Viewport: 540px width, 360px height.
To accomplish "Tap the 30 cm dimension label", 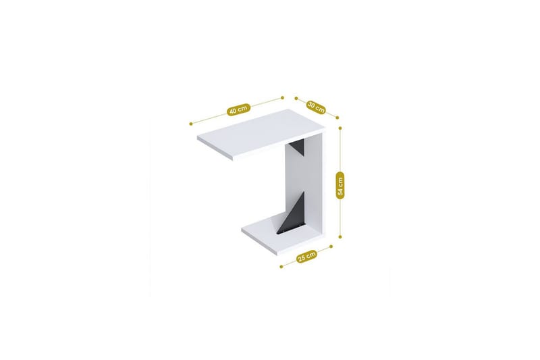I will [x=316, y=106].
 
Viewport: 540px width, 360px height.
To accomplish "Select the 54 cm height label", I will [x=341, y=184].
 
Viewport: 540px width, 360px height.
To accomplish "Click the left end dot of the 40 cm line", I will [x=192, y=124].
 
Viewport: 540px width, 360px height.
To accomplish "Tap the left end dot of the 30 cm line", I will [x=296, y=97].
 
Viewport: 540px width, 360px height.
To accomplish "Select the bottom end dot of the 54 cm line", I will [x=341, y=238].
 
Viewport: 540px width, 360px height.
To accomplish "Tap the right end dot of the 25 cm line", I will [x=332, y=247].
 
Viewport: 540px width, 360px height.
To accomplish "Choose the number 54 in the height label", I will [x=341, y=179].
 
